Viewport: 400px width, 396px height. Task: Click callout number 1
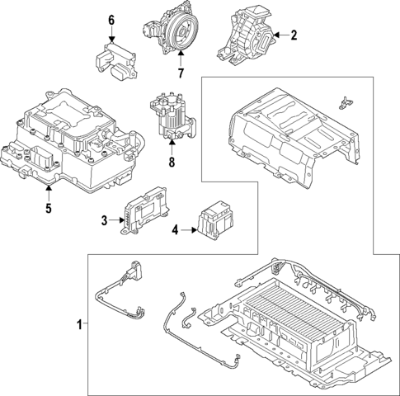pos(80,325)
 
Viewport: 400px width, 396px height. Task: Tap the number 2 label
pos(293,35)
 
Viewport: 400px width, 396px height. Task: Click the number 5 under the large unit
pos(48,208)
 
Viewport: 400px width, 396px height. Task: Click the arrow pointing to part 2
pos(279,35)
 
